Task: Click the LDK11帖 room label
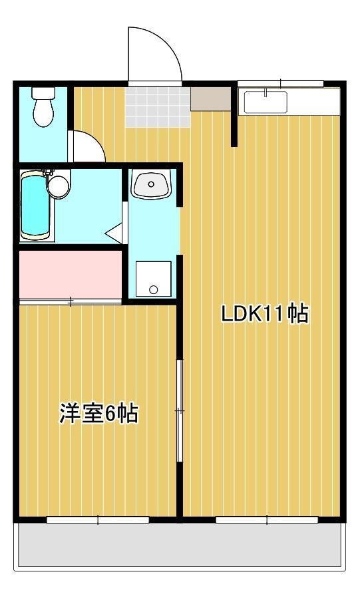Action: (x=265, y=314)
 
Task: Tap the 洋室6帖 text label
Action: (x=98, y=413)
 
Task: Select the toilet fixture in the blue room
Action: (x=43, y=108)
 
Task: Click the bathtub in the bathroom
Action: (x=35, y=204)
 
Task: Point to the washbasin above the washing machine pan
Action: (x=151, y=184)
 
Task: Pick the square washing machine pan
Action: (x=153, y=279)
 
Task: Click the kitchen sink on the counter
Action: (x=266, y=102)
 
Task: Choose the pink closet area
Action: (x=71, y=274)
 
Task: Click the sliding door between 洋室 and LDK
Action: (x=178, y=410)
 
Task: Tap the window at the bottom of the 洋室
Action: (x=98, y=520)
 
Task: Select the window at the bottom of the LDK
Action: (x=265, y=520)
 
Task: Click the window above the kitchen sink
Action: (x=280, y=83)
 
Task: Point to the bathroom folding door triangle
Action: (x=114, y=233)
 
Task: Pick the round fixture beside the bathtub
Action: (x=59, y=186)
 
